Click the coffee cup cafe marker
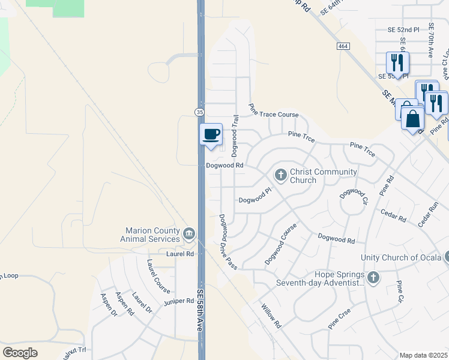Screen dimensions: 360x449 211,134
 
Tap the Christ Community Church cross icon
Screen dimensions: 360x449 280,175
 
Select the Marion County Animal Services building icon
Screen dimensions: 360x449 189,233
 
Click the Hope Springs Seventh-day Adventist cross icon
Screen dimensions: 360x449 373,277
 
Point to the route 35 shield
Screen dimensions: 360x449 199,112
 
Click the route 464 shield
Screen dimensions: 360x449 343,46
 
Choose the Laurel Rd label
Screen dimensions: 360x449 181,254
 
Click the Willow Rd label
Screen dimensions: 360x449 271,315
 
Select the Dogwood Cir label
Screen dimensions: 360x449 353,197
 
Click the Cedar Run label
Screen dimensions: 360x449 429,214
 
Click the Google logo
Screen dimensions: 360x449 20,353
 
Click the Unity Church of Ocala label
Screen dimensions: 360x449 401,257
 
